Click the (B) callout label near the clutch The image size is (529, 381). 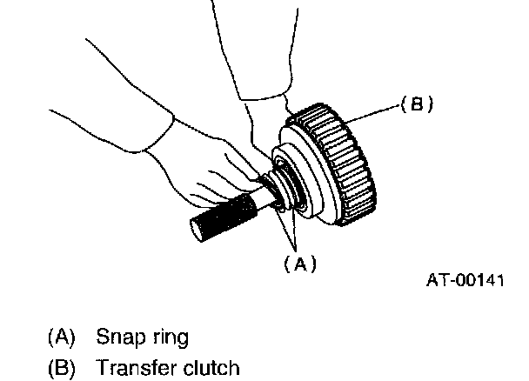(x=415, y=104)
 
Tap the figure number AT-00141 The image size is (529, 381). (x=465, y=281)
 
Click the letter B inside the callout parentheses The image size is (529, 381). (x=416, y=104)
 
